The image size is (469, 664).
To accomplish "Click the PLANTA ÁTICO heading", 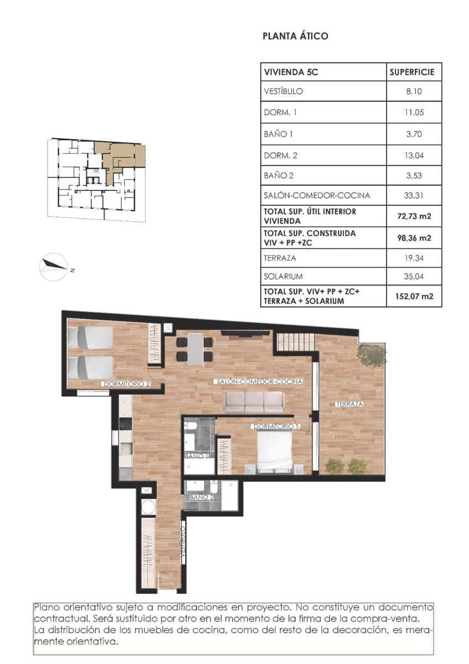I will pyautogui.click(x=295, y=37).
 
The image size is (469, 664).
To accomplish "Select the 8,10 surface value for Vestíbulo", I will pyautogui.click(x=415, y=92).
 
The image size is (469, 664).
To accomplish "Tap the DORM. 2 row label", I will pyautogui.click(x=281, y=155).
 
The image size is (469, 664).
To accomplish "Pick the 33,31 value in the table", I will pyautogui.click(x=415, y=195).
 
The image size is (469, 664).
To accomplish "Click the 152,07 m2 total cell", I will pyautogui.click(x=415, y=296).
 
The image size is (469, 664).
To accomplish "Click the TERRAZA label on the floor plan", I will pyautogui.click(x=350, y=404).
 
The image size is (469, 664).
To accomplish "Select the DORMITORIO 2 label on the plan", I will pyautogui.click(x=126, y=383).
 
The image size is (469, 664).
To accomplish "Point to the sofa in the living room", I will pyautogui.click(x=253, y=402).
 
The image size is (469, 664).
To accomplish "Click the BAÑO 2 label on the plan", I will pyautogui.click(x=201, y=497).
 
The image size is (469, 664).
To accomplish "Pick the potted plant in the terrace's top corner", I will pyautogui.click(x=371, y=355).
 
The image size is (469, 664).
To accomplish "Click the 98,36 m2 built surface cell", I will pyautogui.click(x=415, y=238).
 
